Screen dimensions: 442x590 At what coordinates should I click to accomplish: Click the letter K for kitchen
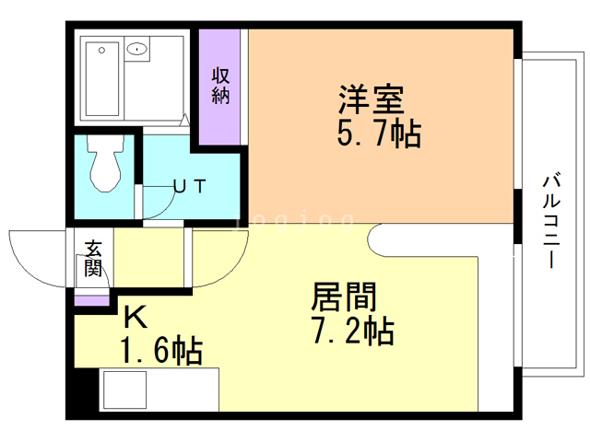[135, 317]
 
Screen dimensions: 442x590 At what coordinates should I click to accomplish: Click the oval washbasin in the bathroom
[138, 48]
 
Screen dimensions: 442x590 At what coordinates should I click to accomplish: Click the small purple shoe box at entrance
[90, 300]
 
